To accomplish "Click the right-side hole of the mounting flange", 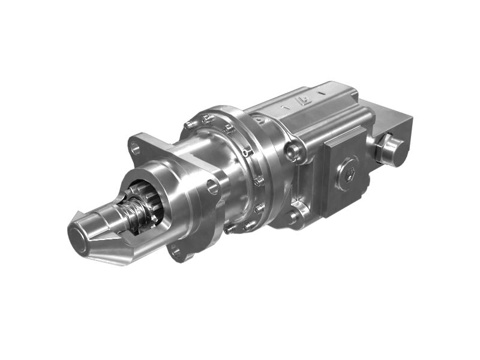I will pyautogui.click(x=213, y=187).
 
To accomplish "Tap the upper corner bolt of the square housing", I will pyautogui.click(x=295, y=150).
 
